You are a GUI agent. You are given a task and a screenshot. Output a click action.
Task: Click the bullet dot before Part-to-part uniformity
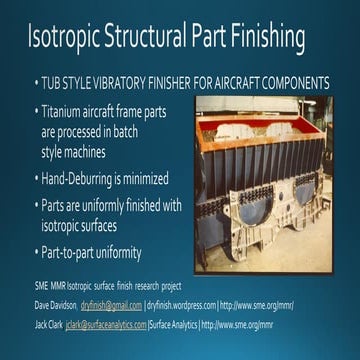31,252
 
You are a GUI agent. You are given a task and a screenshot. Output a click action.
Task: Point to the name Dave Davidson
55,304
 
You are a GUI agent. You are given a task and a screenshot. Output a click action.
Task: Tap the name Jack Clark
48,325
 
